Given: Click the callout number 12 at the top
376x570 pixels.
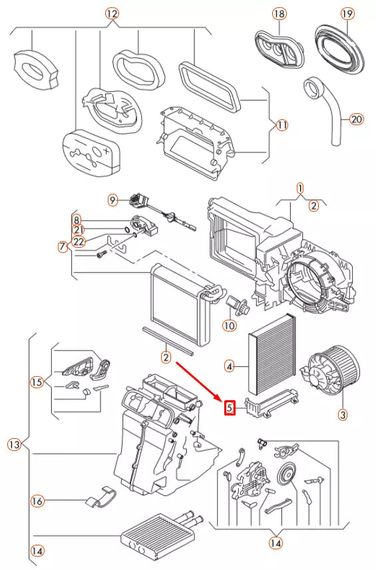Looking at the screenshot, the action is point(112,13).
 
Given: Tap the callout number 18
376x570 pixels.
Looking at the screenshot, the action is point(279,14).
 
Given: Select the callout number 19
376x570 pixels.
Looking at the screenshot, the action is point(347,14).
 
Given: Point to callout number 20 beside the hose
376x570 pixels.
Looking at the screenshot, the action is point(357,119).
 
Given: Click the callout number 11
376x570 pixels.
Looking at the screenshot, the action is point(282,125).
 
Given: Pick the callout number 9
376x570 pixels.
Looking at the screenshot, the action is point(112,200).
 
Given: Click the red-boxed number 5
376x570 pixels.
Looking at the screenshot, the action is point(230,408).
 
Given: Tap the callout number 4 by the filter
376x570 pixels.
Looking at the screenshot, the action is point(229,366).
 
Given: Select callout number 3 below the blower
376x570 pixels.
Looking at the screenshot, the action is point(343,414).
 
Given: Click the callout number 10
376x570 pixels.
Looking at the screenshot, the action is point(229,325).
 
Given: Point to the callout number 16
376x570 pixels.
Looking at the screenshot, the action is point(37,501).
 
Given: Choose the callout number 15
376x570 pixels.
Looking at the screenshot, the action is point(37,382).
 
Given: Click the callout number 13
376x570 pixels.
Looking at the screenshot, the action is point(15,444).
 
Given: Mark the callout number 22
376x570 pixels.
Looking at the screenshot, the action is point(79,241).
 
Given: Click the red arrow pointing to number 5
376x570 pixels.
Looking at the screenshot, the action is point(199,382).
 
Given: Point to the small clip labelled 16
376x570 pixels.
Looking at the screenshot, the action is point(102,496).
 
